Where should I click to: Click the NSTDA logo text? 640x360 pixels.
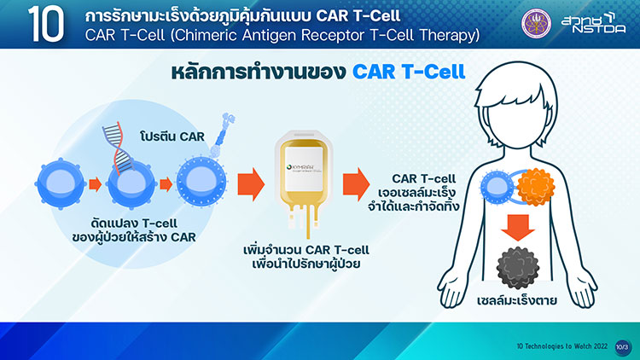[591, 26]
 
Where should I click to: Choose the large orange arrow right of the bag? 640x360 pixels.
[355, 183]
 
